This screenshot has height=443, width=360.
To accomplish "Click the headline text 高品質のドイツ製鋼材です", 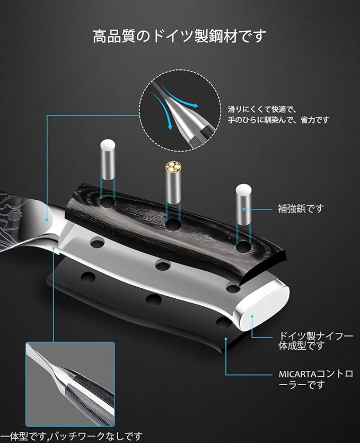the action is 180,36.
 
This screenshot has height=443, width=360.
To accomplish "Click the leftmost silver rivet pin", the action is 108,160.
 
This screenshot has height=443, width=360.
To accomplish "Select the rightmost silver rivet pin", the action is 243,204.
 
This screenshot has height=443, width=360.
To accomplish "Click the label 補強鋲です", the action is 301,209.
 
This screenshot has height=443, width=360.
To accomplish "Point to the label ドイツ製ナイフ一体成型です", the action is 315,341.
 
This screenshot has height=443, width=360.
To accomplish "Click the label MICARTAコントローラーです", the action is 316,379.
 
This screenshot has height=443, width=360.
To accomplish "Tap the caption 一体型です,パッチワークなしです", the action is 72,437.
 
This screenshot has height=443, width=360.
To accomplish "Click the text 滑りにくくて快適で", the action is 262,109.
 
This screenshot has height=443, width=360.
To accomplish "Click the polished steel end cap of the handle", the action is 262,306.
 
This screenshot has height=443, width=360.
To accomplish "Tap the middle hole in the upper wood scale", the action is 173,225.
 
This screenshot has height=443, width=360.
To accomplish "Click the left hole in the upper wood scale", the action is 107,202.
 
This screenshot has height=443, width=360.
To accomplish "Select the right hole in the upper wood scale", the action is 243,247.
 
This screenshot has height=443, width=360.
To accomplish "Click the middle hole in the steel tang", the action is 163,265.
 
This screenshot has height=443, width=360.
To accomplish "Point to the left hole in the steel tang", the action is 98,242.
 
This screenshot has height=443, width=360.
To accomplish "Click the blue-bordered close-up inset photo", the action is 70,384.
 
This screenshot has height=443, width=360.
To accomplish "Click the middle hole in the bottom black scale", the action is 154,299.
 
